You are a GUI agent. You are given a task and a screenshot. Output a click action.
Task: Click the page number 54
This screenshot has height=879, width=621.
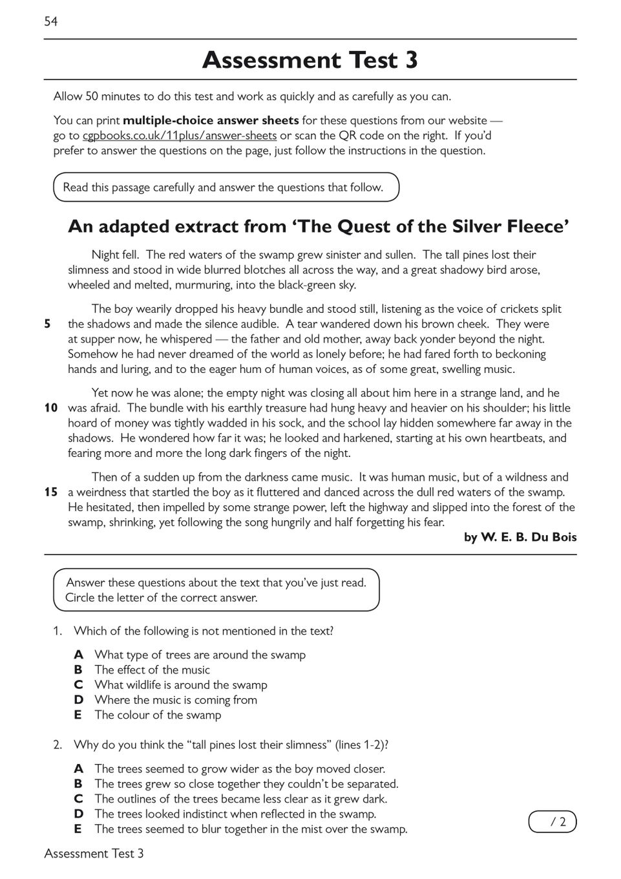pos(51,22)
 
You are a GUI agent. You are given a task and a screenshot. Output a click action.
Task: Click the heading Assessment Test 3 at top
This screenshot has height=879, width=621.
pos(310,60)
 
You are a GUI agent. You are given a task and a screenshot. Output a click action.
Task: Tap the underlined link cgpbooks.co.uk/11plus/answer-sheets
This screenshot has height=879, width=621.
pos(180,136)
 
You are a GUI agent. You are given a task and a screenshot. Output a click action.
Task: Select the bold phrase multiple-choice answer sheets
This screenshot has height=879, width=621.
pos(211,120)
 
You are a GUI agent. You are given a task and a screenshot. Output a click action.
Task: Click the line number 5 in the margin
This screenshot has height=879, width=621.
pos(47,324)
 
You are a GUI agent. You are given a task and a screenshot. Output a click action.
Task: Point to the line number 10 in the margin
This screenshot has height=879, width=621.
pos(51,408)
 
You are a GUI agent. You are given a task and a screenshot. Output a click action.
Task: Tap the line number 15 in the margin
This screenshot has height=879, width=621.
pos(51,492)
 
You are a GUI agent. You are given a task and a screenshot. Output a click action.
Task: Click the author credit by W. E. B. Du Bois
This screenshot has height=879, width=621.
pos(520,538)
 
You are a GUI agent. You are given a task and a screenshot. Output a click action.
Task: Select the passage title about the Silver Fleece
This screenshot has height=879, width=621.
pos(319,227)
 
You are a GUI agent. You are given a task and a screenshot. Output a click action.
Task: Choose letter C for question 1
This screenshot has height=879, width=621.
pos(78,685)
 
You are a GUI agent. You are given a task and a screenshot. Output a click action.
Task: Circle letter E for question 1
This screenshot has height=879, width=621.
pos(78,715)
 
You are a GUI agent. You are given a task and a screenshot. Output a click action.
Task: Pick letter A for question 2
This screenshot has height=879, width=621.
pos(78,769)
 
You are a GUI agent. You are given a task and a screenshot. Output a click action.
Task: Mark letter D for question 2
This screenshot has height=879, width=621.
pos(78,814)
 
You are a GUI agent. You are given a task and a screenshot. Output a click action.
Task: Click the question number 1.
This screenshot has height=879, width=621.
pos(58,631)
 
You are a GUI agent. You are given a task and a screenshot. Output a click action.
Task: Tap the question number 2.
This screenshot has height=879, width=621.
pos(58,745)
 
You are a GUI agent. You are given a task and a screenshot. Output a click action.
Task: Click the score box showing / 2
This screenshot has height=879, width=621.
pos(553,821)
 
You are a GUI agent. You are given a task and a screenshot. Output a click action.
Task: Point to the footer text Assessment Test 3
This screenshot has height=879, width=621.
pos(94,854)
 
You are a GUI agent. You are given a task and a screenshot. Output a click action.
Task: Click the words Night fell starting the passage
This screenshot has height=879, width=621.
pos(115,255)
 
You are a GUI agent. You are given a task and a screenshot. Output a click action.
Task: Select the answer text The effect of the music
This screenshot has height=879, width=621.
pos(152,670)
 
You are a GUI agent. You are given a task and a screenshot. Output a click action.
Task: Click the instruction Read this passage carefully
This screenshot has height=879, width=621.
pos(223,187)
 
